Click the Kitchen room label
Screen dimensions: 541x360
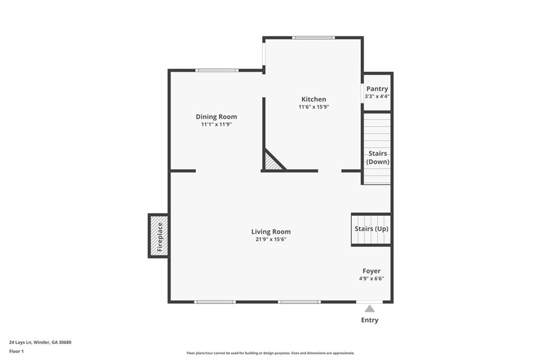tap(314, 99)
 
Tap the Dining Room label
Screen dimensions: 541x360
tap(216, 117)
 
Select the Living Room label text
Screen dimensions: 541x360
tap(271, 232)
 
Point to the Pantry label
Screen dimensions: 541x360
tap(377, 89)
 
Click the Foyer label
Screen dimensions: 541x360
tap(371, 271)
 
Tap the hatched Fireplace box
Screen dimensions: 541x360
tap(158, 235)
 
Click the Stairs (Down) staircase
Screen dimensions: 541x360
tap(377, 148)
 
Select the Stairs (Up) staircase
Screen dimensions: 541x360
tap(371, 229)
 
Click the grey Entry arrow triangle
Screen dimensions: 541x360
tap(369, 309)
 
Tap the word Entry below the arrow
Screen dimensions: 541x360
tap(369, 320)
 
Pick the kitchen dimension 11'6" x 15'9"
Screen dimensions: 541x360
tap(314, 107)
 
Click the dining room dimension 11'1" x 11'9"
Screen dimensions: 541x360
tap(216, 124)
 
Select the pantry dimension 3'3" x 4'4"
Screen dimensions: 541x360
tap(377, 97)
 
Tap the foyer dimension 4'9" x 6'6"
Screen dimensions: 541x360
tap(371, 279)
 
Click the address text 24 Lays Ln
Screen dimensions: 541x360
tap(21, 343)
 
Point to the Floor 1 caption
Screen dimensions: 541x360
tap(16, 352)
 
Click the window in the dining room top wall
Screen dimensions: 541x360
tap(217, 70)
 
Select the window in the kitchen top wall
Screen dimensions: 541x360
tap(313, 37)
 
